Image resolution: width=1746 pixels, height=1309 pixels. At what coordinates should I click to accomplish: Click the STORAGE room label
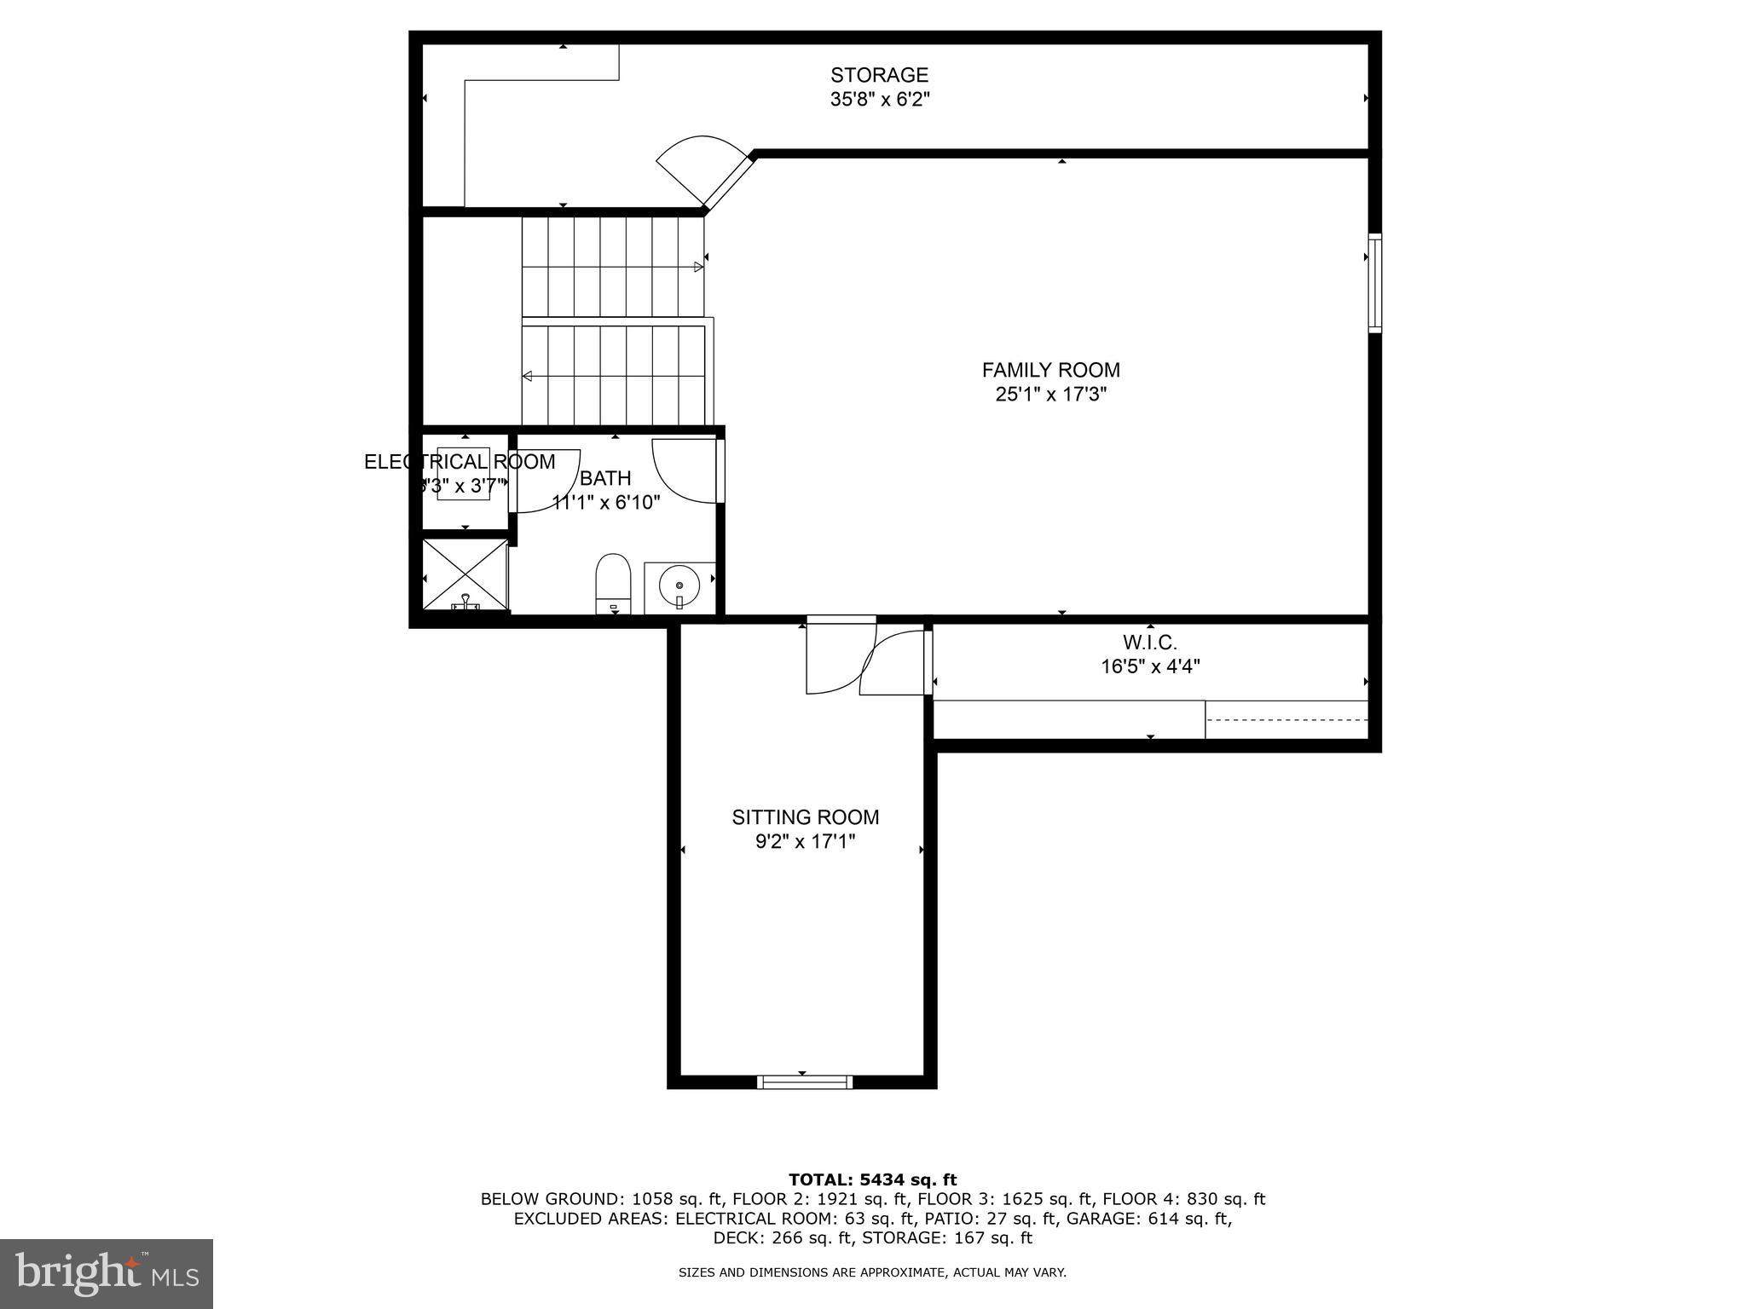[x=879, y=75]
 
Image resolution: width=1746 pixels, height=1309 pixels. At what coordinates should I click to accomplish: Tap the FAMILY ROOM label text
[x=1050, y=370]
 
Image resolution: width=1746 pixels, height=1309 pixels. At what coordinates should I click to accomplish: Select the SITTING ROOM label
[x=805, y=817]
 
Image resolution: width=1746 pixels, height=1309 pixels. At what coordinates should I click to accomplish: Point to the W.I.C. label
[x=1149, y=643]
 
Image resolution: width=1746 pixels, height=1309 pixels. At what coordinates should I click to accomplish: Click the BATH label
[x=605, y=478]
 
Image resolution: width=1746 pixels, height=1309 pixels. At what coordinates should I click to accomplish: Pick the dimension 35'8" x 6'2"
[x=879, y=100]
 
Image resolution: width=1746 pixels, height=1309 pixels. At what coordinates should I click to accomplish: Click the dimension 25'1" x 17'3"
[x=1050, y=395]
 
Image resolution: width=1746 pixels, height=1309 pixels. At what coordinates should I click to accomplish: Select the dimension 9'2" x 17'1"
[x=805, y=842]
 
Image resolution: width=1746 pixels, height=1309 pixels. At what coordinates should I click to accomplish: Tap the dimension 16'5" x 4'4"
[x=1149, y=666]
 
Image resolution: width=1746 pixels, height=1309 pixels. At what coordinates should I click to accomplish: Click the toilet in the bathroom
[x=612, y=582]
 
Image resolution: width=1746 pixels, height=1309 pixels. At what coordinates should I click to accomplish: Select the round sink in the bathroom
[x=679, y=586]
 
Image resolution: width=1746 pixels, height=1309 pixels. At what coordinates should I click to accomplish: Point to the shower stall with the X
[x=465, y=575]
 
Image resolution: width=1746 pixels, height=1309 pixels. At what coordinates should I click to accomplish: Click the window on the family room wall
[x=1374, y=283]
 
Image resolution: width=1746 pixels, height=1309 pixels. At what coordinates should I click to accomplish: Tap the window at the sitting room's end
[x=804, y=1082]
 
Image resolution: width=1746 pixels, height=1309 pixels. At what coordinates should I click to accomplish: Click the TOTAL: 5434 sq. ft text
[x=872, y=1179]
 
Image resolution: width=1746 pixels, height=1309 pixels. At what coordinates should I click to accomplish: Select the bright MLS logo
[x=107, y=1273]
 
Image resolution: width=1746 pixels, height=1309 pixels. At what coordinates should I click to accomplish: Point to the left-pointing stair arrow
[x=528, y=376]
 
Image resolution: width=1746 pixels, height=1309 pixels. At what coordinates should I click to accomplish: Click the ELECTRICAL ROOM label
[x=460, y=462]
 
